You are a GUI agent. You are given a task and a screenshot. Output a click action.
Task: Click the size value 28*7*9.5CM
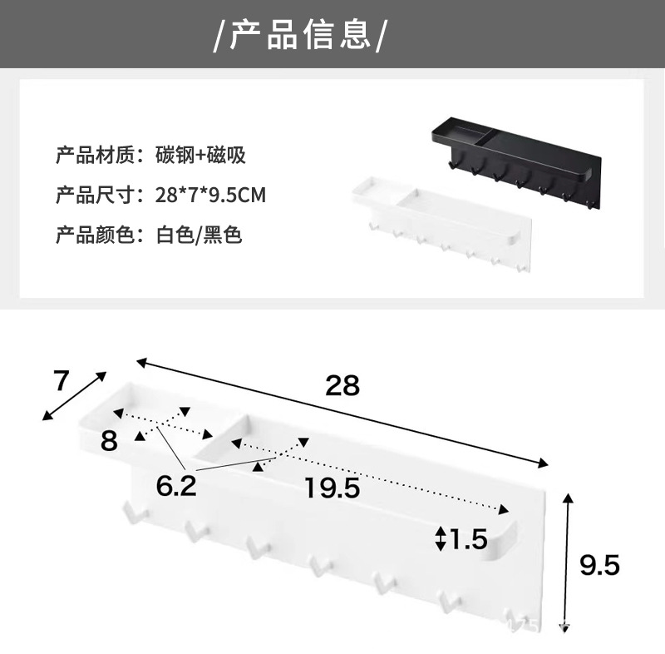click(x=210, y=196)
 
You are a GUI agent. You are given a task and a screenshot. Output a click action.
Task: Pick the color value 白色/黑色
click(x=199, y=235)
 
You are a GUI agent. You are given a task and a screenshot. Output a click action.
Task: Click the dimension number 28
click(x=342, y=385)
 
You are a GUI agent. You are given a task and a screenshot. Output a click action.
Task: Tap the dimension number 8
click(x=109, y=440)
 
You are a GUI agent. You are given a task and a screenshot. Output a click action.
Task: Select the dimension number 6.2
click(x=175, y=485)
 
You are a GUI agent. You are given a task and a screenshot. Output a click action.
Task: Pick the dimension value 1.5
click(x=469, y=540)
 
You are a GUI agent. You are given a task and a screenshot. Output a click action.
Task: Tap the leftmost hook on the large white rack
click(x=130, y=513)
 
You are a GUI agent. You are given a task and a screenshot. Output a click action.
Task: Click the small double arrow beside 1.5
click(x=441, y=539)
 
